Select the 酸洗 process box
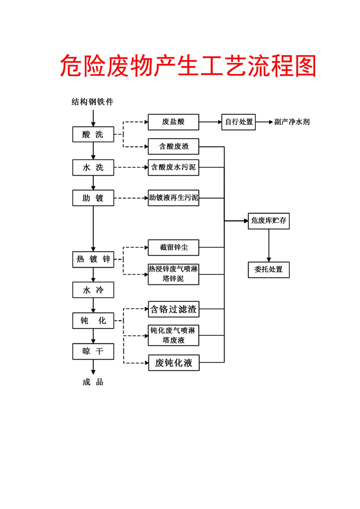[93, 135]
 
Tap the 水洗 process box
[93, 167]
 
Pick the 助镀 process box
[93, 198]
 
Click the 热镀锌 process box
[93, 259]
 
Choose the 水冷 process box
[93, 290]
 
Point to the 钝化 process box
[93, 320]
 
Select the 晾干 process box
[93, 351]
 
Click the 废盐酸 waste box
[173, 122]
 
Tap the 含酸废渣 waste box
[173, 146]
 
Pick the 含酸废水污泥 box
[173, 167]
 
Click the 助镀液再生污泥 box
[173, 198]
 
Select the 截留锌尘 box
[173, 247]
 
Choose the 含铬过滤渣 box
[173, 309]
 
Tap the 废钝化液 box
[174, 363]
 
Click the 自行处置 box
[238, 122]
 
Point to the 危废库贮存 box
[269, 221]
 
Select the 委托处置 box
[269, 270]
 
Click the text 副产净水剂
[292, 122]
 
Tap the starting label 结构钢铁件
[93, 102]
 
